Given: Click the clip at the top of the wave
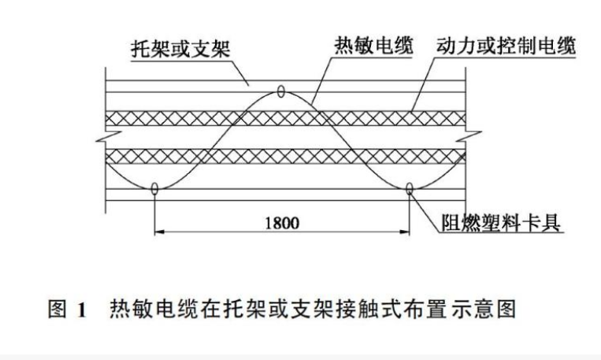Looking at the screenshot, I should point(280,92).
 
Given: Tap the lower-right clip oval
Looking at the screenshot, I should point(410,189).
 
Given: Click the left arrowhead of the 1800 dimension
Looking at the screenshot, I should point(158,232).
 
